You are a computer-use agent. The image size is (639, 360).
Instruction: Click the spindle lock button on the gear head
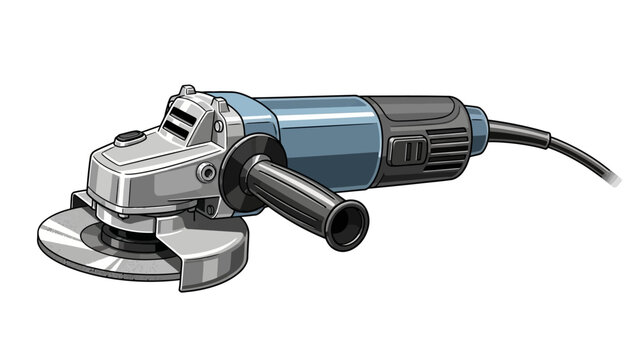pos(128,139)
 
